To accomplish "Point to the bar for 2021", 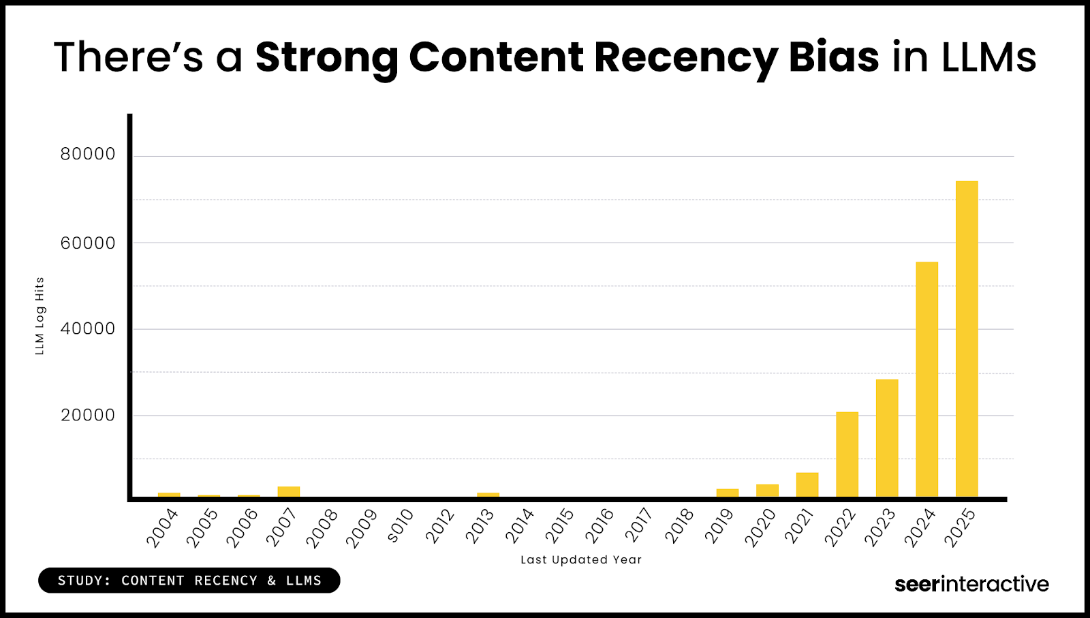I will [807, 484].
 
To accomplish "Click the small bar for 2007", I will [289, 491].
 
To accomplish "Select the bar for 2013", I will [488, 494].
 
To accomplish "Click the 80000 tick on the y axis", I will [88, 155].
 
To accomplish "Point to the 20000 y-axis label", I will [88, 416].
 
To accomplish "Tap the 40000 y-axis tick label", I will [88, 329].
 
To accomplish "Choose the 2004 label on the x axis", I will [162, 528].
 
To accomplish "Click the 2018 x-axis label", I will [680, 526].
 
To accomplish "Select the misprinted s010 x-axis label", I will [401, 526].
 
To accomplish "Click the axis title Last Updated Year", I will [581, 560].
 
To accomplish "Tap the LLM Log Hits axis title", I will [40, 315].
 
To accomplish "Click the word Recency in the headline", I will [686, 57].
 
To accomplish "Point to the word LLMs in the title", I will [988, 57].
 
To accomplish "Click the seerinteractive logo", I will [971, 584].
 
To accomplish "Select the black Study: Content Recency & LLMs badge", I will [189, 581].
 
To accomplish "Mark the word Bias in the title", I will [834, 57].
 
